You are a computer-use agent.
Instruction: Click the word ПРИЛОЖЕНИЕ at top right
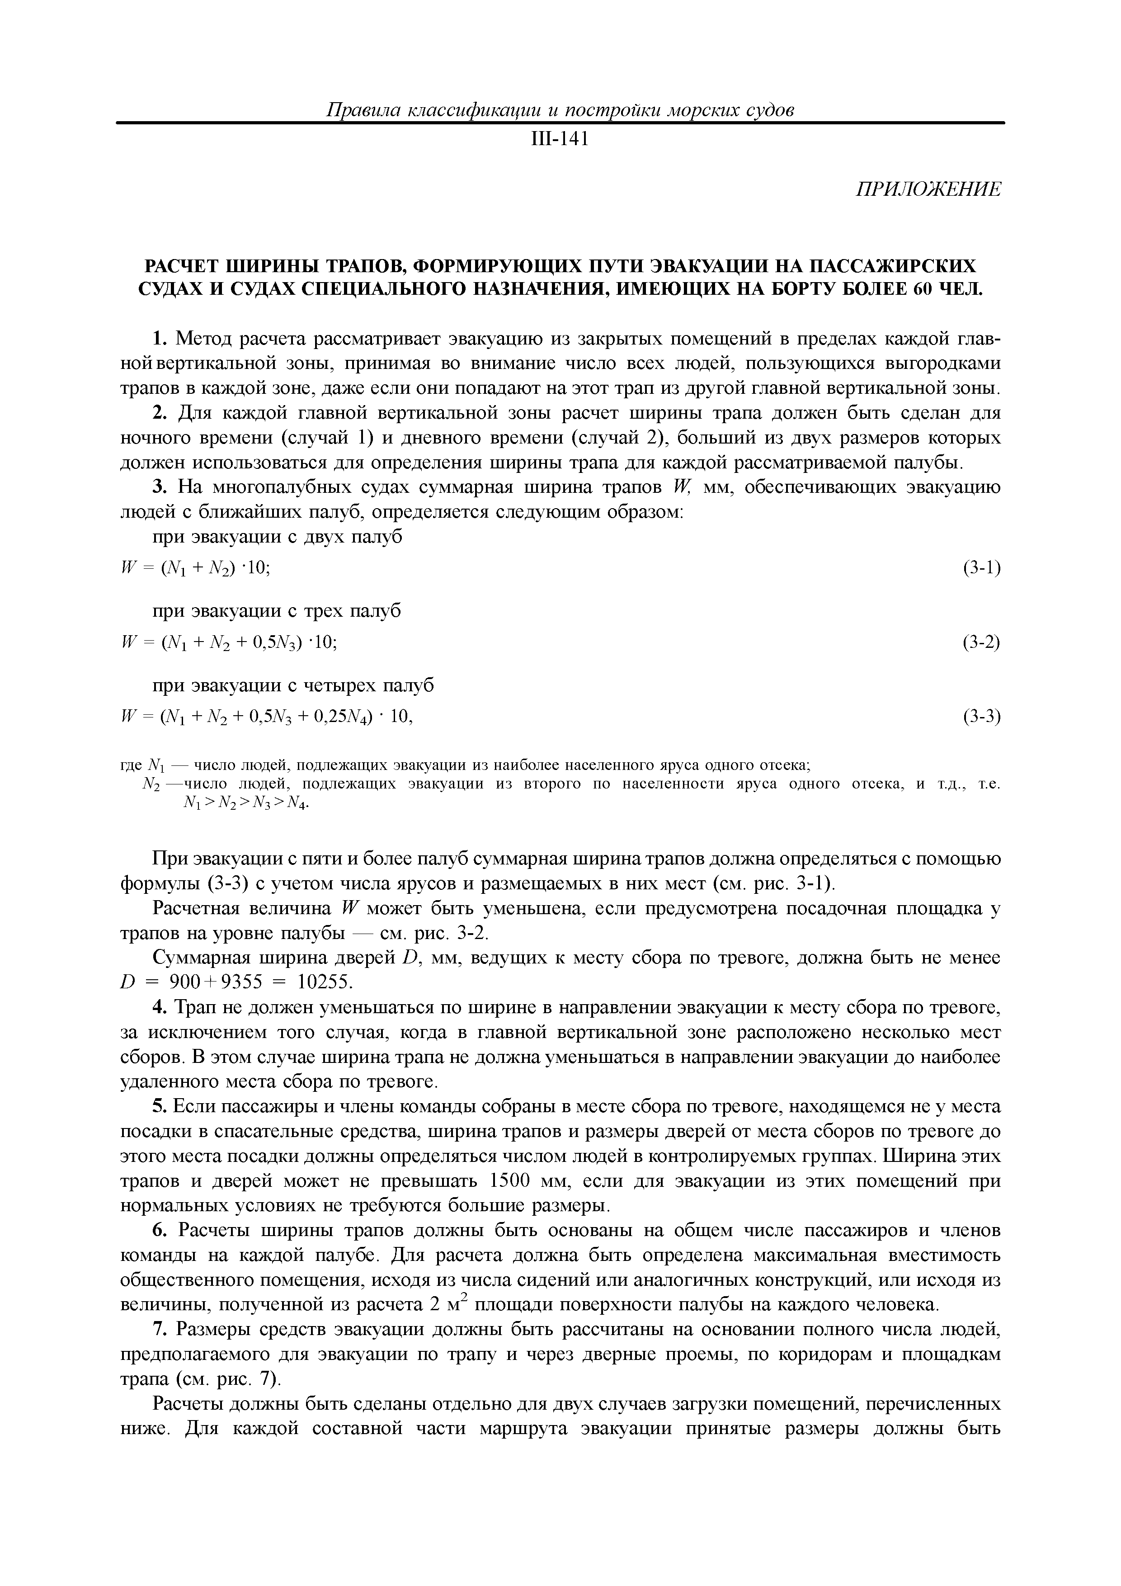[928, 190]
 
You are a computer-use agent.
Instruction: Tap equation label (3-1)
[981, 568]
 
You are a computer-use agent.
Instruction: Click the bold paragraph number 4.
[159, 1008]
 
